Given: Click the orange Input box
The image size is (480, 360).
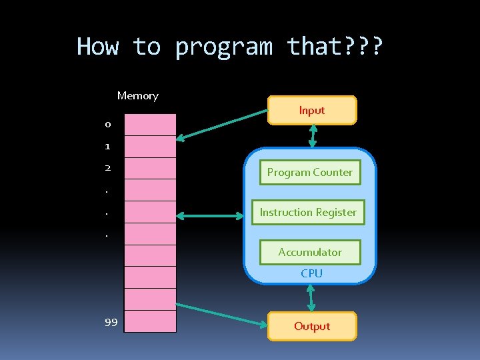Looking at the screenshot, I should click(312, 111).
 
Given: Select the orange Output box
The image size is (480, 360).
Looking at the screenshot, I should click(312, 326).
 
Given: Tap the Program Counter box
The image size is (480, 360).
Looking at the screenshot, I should click(310, 172).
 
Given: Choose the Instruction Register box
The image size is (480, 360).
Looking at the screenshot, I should click(308, 212).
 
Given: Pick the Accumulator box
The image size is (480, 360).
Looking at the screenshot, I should click(310, 252).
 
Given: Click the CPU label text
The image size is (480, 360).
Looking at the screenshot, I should click(311, 273).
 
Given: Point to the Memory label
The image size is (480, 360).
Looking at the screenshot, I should click(137, 95).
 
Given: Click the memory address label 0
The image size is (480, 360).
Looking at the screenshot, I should click(107, 125).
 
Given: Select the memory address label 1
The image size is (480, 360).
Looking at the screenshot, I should click(107, 146).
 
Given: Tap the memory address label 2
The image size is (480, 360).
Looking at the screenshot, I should click(107, 167).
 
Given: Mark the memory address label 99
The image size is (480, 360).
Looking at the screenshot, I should click(111, 322).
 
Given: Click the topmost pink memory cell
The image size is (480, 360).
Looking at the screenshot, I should click(151, 125).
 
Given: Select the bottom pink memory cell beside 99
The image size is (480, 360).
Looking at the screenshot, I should click(151, 321).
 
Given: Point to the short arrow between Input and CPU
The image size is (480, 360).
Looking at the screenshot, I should click(313, 135).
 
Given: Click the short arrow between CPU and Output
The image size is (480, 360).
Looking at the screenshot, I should click(311, 297).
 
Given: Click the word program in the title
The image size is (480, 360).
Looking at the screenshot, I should click(224, 47).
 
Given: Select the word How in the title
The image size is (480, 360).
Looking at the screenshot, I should click(98, 47).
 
